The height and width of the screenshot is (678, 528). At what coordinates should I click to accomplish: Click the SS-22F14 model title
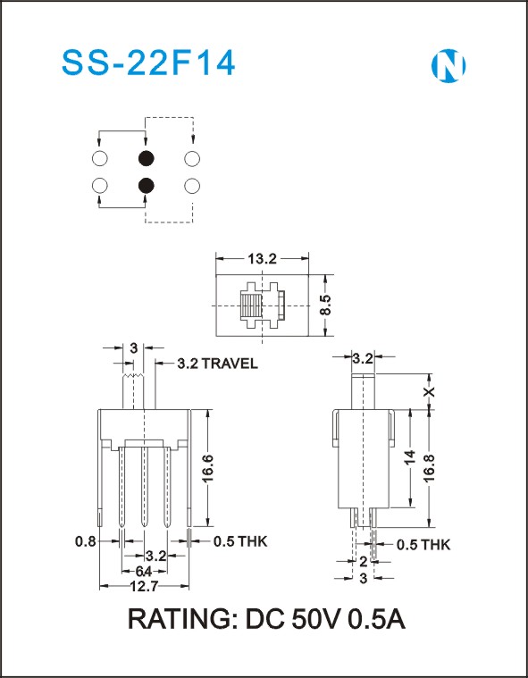(148, 63)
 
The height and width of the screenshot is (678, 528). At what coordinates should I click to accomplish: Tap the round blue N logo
(448, 66)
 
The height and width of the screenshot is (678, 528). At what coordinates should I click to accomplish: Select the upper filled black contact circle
(147, 159)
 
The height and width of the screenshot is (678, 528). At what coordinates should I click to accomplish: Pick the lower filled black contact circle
(147, 186)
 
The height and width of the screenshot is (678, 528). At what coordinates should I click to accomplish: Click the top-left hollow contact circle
(100, 159)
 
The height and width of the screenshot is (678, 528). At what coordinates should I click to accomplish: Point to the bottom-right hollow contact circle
(192, 186)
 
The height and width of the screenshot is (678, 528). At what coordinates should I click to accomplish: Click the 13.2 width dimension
(262, 259)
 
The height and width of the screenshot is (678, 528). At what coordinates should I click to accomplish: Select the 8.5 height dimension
(327, 305)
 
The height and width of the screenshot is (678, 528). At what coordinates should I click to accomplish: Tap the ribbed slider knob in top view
(251, 305)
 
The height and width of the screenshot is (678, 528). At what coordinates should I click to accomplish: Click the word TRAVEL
(230, 364)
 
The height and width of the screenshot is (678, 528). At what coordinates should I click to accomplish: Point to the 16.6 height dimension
(208, 469)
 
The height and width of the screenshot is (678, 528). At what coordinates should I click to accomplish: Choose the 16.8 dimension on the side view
(430, 469)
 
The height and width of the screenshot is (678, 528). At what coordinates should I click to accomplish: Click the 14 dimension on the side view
(409, 457)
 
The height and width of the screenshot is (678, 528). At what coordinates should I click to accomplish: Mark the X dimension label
(429, 392)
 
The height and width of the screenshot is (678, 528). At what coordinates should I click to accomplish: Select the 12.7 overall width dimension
(144, 586)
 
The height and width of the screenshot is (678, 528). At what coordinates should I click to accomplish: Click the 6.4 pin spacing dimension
(144, 572)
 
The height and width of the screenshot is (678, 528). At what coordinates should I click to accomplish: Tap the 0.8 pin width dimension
(85, 541)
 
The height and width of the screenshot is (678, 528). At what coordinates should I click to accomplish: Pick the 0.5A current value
(376, 620)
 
